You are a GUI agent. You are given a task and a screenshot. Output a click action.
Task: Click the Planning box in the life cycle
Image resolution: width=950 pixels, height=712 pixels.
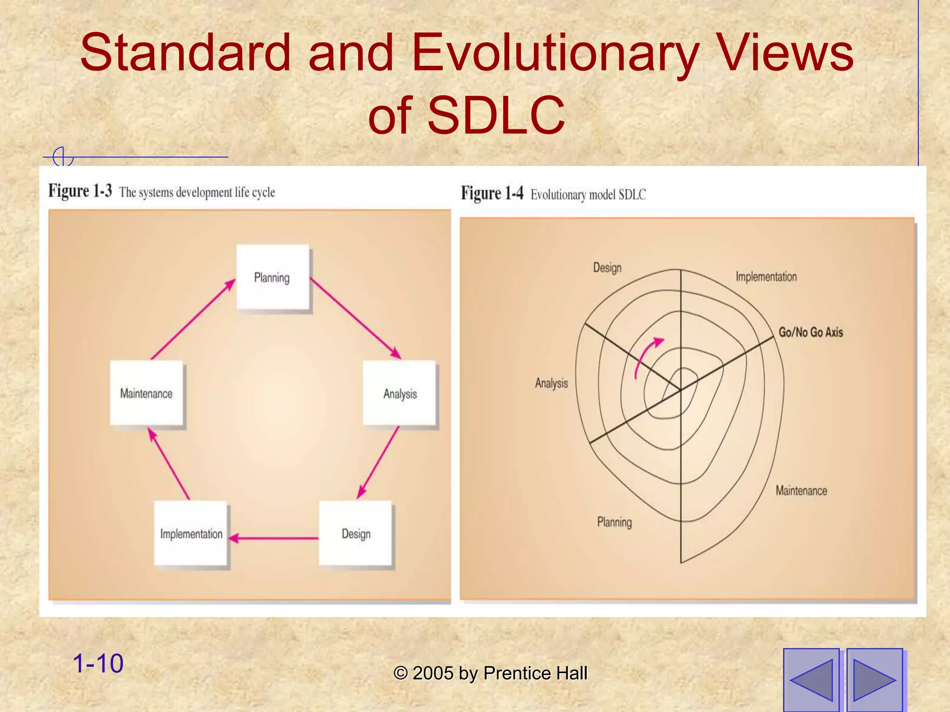pyautogui.click(x=273, y=277)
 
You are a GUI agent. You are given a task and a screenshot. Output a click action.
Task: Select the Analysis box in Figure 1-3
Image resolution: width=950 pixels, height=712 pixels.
pyautogui.click(x=399, y=393)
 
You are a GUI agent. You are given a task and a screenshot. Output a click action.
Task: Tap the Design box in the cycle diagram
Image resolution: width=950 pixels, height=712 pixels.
pyautogui.click(x=356, y=533)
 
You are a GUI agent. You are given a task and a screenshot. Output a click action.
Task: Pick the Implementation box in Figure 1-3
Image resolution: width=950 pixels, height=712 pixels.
pyautogui.click(x=191, y=533)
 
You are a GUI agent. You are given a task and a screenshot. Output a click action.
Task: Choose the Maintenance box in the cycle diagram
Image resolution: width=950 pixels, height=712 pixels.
pyautogui.click(x=147, y=393)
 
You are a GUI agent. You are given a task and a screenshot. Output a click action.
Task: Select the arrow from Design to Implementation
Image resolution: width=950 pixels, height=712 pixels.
pyautogui.click(x=274, y=538)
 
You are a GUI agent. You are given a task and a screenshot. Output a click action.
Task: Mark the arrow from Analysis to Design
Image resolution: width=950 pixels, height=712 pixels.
pyautogui.click(x=379, y=462)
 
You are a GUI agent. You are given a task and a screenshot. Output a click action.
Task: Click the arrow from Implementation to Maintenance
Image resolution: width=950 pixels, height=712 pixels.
pyautogui.click(x=169, y=464)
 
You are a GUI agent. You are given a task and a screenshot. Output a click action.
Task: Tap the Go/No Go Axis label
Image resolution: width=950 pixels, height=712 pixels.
pyautogui.click(x=810, y=332)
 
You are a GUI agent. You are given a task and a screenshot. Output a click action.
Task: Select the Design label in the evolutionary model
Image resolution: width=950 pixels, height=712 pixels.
pyautogui.click(x=607, y=267)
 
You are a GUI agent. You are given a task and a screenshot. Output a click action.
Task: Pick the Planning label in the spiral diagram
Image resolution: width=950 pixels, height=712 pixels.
pyautogui.click(x=614, y=522)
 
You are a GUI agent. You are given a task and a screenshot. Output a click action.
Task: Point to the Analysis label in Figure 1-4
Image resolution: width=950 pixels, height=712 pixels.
pyautogui.click(x=551, y=383)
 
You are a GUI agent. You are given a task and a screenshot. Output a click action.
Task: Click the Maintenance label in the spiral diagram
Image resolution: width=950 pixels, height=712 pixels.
pyautogui.click(x=801, y=490)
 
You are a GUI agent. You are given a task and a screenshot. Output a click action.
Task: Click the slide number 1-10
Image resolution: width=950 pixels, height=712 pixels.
pyautogui.click(x=98, y=663)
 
